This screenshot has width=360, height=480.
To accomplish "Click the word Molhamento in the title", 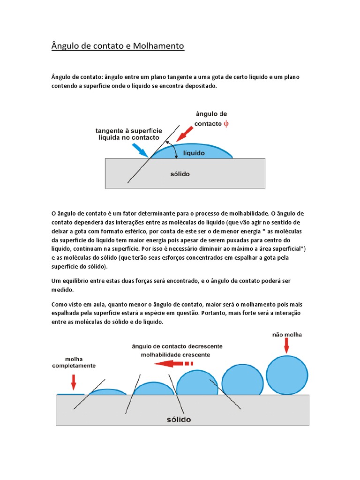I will (x=159, y=46).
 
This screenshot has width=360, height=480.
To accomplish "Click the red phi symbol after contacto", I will (x=226, y=123).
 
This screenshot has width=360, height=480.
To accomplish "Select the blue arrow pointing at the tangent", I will (x=140, y=150).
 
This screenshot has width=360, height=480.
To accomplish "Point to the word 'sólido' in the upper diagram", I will (x=179, y=174).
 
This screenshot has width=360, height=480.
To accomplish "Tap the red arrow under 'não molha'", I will (x=286, y=346).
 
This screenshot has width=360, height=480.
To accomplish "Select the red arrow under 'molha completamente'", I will (x=73, y=382).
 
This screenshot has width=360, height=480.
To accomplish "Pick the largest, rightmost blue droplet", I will (x=287, y=375).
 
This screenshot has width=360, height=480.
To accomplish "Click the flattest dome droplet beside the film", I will (x=107, y=392).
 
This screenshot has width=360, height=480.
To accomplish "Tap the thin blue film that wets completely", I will (x=70, y=394).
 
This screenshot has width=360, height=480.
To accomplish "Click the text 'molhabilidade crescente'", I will (x=176, y=354).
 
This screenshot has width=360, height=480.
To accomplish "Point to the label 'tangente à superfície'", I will (x=129, y=131).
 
